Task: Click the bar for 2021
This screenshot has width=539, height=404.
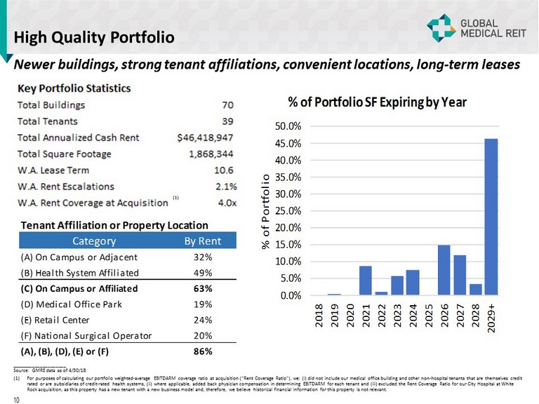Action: [366, 281]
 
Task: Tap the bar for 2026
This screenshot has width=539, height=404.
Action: [444, 270]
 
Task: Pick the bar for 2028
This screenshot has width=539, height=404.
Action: [475, 290]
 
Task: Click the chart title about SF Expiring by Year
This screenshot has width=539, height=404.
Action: [377, 102]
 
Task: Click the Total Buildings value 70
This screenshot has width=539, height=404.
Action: [227, 105]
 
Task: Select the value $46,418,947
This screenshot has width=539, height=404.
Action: [206, 137]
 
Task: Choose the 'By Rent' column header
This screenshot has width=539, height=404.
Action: [201, 241]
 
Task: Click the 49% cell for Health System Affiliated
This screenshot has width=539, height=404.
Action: [202, 273]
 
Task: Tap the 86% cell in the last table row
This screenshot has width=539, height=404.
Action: [202, 351]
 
